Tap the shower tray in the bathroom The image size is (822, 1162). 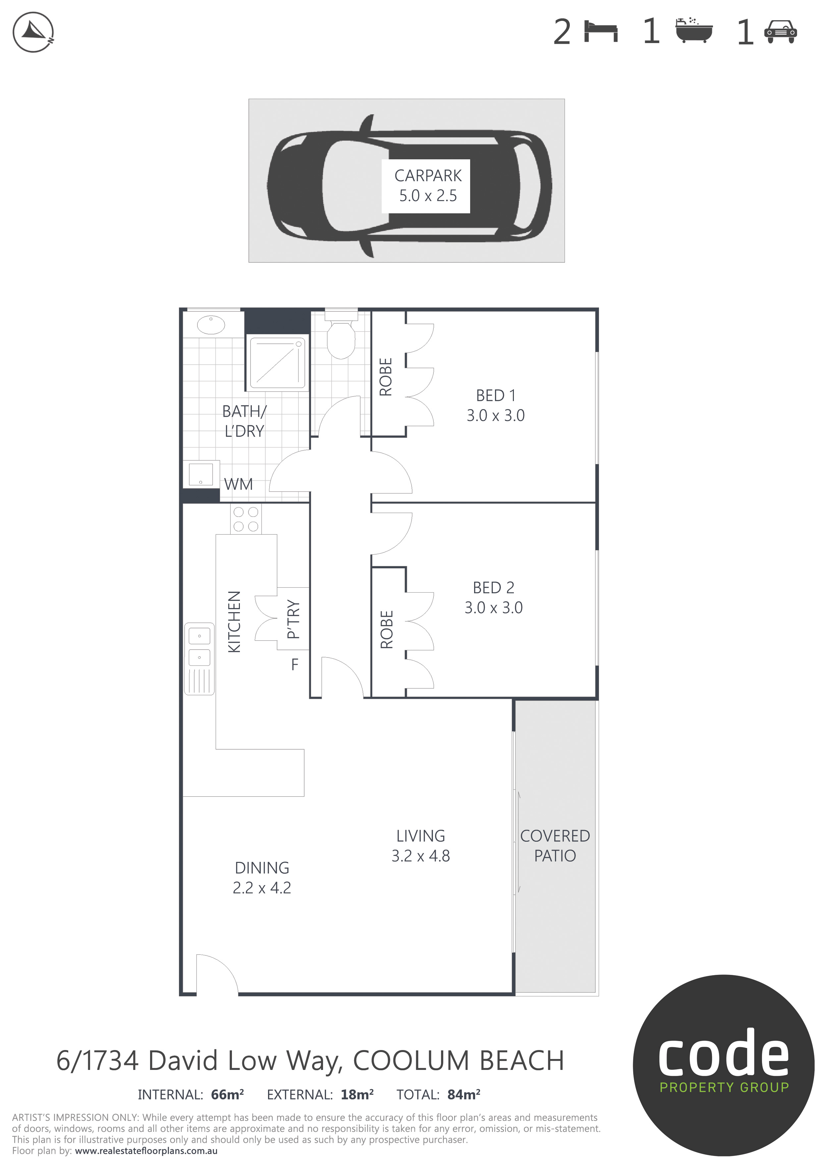[277, 363]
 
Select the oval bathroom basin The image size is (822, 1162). [211, 325]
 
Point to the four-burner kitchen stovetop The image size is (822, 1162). [246, 519]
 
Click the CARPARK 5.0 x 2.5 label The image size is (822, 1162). [428, 186]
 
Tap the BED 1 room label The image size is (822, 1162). [496, 405]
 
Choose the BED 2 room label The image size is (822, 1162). [494, 598]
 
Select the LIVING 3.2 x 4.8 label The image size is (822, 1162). [421, 846]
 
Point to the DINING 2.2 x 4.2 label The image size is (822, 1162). [262, 877]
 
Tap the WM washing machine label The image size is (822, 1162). [239, 484]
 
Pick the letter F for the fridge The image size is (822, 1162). [295, 664]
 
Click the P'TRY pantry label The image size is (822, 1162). [293, 619]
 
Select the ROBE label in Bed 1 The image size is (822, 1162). [386, 377]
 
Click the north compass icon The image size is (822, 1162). [33, 32]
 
